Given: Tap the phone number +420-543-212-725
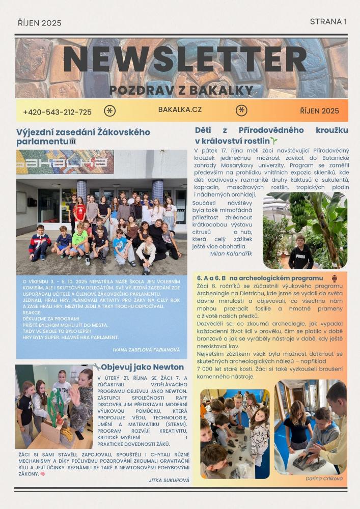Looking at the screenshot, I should point(57,112).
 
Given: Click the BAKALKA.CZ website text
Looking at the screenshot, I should point(180,109).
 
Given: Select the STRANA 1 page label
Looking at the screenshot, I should point(328,21).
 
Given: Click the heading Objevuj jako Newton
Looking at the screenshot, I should point(142,367).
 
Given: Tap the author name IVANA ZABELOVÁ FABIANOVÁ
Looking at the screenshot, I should point(146,350).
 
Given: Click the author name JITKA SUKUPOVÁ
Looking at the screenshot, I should point(169,480).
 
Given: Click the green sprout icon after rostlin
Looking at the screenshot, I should point(274,140).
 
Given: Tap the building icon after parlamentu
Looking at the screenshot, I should point(72,141).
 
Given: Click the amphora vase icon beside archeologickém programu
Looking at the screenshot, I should point(335,278).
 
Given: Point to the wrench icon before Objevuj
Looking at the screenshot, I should point(96,366).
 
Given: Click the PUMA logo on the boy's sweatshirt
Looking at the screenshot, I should point(301,249).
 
